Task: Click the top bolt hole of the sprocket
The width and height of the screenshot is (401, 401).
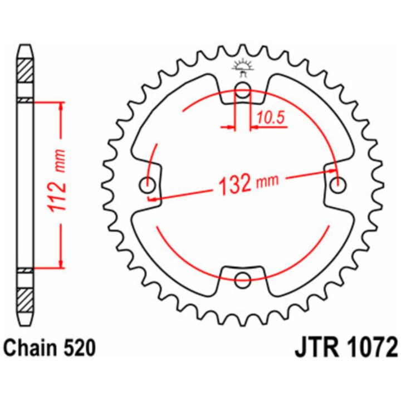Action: (242, 91)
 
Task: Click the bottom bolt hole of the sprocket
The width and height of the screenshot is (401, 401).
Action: (242, 280)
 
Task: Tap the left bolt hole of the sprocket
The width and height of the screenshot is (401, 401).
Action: (148, 185)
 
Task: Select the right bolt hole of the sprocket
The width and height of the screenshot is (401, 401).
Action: (338, 185)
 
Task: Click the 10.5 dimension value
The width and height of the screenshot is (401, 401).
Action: (271, 118)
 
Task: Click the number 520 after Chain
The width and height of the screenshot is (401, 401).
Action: (79, 348)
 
